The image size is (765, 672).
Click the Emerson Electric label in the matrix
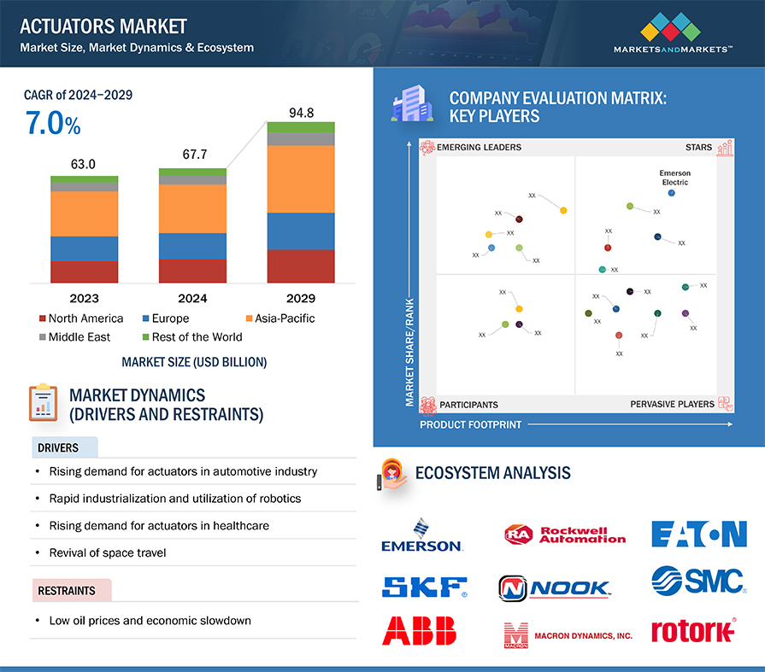click(x=674, y=178)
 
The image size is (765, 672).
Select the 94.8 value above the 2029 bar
click(x=301, y=112)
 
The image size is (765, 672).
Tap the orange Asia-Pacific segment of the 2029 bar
click(x=301, y=179)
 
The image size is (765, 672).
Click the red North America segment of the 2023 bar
click(x=85, y=272)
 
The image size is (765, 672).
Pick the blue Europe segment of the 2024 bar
click(x=192, y=246)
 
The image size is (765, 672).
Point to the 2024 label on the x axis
click(x=192, y=298)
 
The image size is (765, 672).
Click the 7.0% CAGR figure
click(x=53, y=125)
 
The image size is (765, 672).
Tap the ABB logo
click(x=420, y=630)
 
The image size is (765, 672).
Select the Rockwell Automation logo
click(x=565, y=535)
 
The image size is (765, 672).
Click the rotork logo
click(x=692, y=631)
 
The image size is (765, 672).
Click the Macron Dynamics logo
click(x=568, y=635)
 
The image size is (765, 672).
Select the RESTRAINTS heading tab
click(x=67, y=590)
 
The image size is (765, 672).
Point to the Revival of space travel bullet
click(x=107, y=552)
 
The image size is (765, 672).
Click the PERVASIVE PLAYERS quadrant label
click(x=672, y=404)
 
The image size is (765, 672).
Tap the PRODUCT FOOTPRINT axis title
click(x=470, y=424)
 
